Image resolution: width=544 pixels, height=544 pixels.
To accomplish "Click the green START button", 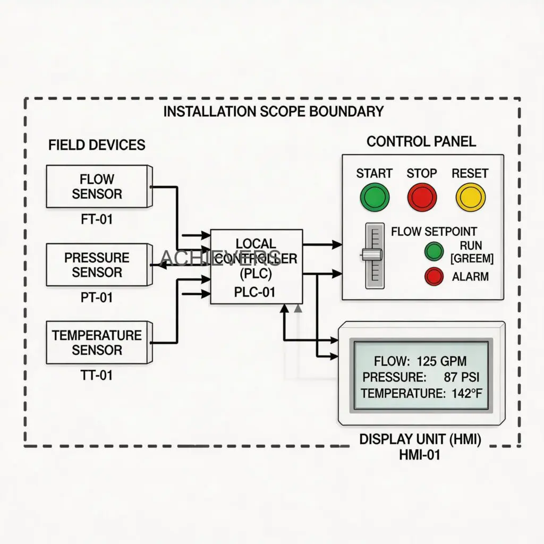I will click(375, 197).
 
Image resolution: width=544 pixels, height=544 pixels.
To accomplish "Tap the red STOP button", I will click(422, 197).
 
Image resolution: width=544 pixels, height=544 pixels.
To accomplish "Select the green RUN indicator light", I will click(434, 251).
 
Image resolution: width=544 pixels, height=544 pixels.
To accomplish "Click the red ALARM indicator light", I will click(434, 276).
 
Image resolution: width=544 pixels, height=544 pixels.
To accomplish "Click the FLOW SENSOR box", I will click(97, 186).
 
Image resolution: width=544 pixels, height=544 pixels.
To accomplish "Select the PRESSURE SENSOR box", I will click(97, 265).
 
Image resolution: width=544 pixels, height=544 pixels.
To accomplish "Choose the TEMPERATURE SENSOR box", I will click(97, 343).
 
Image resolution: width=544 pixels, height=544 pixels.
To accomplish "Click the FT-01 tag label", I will click(97, 219).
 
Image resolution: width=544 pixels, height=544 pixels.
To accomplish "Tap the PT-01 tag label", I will click(97, 297).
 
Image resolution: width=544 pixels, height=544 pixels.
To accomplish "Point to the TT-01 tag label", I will click(97, 376).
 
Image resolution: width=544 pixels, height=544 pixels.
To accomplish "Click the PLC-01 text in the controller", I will click(254, 292).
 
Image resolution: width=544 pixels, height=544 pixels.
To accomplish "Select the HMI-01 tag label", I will click(420, 455).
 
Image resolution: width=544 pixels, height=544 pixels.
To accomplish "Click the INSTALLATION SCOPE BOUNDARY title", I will click(273, 112).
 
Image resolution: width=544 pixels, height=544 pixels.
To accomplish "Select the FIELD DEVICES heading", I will click(97, 145).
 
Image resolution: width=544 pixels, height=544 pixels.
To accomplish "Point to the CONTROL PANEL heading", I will click(421, 141).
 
